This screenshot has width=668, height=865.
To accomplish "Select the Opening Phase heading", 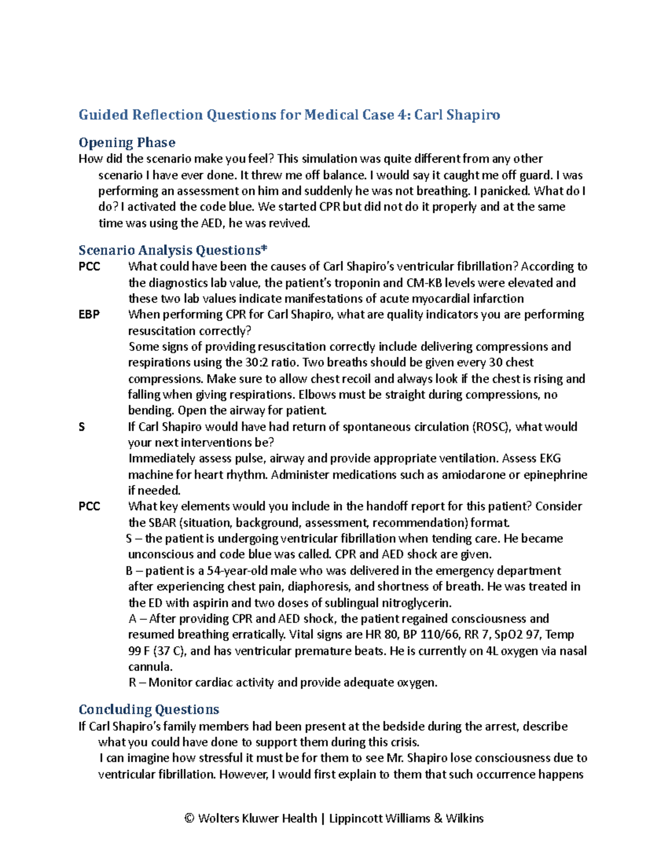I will (x=127, y=143).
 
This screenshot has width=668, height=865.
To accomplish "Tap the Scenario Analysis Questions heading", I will (x=173, y=250).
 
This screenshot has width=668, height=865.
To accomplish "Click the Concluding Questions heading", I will (x=149, y=710).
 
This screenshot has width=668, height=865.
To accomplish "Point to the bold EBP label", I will (x=89, y=315).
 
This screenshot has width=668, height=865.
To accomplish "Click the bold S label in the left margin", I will (x=82, y=427).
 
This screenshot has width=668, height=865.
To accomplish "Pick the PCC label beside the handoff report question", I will (x=89, y=507).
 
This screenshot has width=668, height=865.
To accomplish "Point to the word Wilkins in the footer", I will (x=464, y=819).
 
